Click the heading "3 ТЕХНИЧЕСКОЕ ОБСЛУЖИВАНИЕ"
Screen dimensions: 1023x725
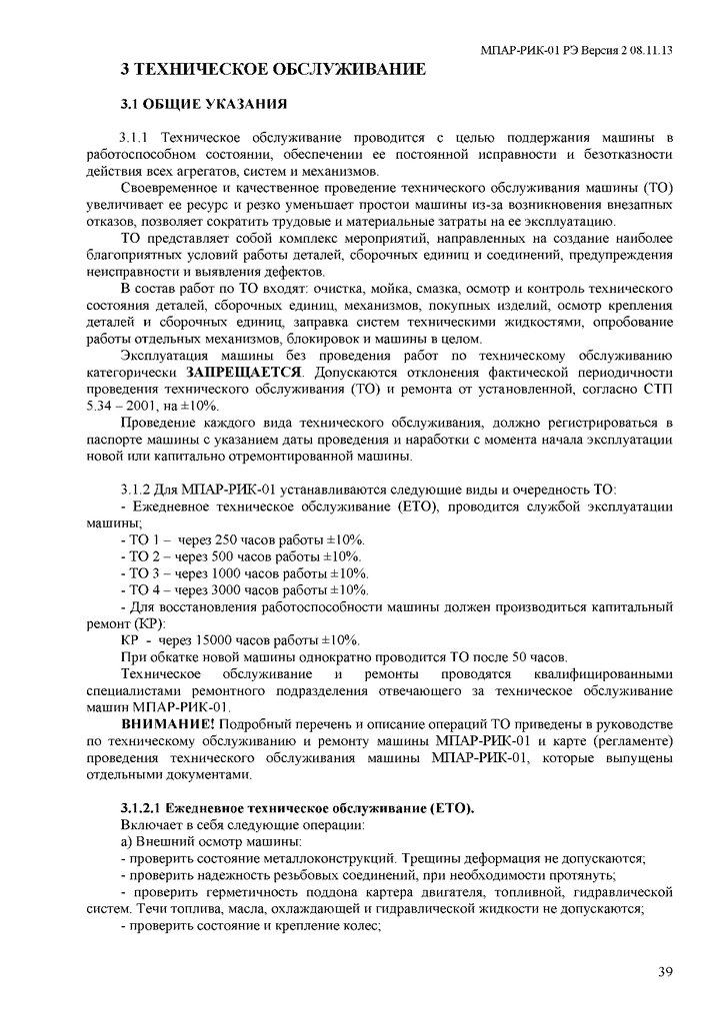click(273, 69)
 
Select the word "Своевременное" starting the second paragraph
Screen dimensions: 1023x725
click(167, 188)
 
